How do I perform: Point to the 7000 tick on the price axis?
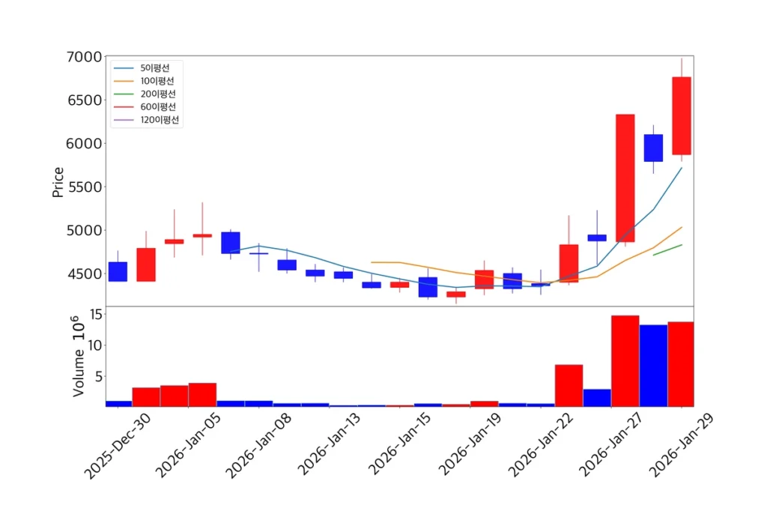[x=81, y=58]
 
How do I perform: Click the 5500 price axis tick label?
[x=81, y=187]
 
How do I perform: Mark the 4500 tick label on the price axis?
[x=81, y=274]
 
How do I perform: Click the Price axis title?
[x=58, y=181]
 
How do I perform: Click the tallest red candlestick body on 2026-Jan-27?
[x=625, y=178]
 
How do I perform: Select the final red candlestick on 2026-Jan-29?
[x=681, y=115]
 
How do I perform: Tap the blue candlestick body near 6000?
[x=653, y=148]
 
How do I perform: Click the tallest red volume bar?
[x=625, y=360]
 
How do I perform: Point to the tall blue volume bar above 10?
[x=653, y=365]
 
